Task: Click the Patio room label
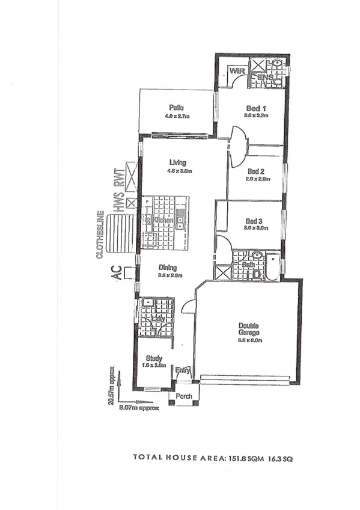(175, 108)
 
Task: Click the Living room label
(178, 162)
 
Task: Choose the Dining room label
(168, 268)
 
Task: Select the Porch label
(184, 396)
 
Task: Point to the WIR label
(236, 72)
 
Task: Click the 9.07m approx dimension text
(139, 407)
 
